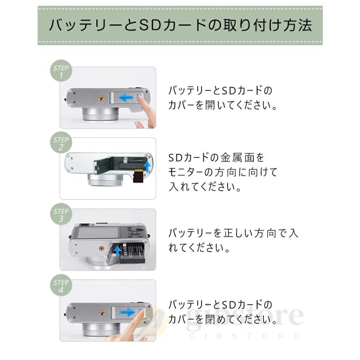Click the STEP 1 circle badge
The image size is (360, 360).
(61, 71)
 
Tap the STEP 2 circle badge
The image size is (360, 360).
(61, 142)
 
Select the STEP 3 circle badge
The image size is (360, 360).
(61, 214)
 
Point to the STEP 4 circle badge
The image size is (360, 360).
(61, 285)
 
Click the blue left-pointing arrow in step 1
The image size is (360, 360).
(126, 97)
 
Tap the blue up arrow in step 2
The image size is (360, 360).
(147, 166)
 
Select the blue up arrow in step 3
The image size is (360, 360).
(118, 251)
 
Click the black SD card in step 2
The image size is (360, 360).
(138, 176)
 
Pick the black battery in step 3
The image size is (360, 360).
(133, 254)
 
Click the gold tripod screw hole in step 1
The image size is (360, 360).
(101, 98)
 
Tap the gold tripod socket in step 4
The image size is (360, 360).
(101, 313)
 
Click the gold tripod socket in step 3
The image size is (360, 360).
(101, 248)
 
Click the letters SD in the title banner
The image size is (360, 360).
(150, 26)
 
